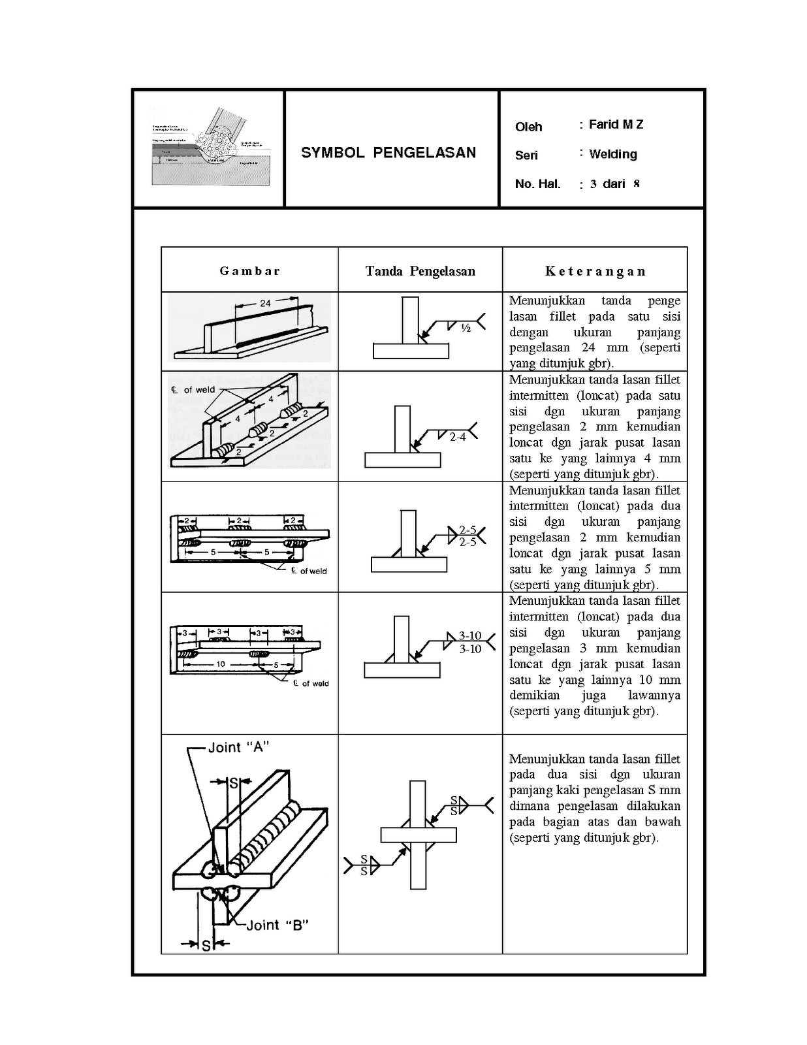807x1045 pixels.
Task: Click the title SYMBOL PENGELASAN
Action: (x=388, y=153)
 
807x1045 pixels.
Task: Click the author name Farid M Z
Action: (x=616, y=124)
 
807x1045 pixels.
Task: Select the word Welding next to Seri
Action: (x=612, y=154)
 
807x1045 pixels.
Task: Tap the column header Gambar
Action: (x=249, y=271)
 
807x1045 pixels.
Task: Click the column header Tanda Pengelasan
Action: (x=420, y=271)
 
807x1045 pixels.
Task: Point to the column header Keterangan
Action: (x=595, y=271)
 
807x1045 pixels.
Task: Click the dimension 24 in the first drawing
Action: (x=265, y=303)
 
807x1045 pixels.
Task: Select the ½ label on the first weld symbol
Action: (x=466, y=329)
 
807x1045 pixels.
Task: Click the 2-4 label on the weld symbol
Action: (x=458, y=437)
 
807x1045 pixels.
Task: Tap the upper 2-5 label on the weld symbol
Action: (x=467, y=530)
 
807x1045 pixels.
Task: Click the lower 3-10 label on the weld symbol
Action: (x=470, y=649)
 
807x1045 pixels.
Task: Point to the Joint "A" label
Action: (x=238, y=747)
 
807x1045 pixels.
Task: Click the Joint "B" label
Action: (x=277, y=925)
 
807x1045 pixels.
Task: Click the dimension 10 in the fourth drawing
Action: (x=221, y=664)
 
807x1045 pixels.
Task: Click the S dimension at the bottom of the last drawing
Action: (x=206, y=945)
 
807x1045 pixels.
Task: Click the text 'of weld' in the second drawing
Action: (x=198, y=390)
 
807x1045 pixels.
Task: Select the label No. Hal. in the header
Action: (x=537, y=184)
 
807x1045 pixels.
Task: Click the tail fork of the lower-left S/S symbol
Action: (x=347, y=865)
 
